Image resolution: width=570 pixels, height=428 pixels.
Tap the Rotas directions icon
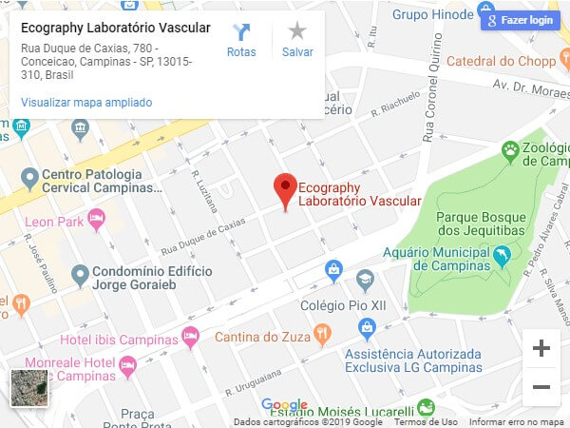click(241, 32)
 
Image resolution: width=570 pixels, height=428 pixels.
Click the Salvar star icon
click(297, 32)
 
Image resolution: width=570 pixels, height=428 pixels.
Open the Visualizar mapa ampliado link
click(86, 102)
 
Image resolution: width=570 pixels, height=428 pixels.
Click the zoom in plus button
click(541, 348)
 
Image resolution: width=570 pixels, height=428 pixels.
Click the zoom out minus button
click(541, 387)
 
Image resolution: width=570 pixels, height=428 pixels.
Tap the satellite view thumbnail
click(28, 388)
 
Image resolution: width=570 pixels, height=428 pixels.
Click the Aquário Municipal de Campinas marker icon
click(503, 256)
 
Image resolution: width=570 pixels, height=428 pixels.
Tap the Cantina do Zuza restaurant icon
click(323, 334)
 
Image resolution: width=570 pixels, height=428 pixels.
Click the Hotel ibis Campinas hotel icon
click(190, 336)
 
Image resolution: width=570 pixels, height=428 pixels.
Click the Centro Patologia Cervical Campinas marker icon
click(29, 176)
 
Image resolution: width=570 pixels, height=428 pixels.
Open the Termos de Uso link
click(426, 421)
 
